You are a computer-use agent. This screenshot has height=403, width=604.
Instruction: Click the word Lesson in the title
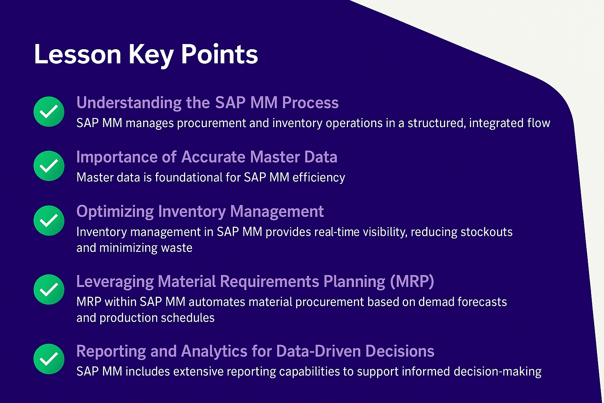[x=77, y=54]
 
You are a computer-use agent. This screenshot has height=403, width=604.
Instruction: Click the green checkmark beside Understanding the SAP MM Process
[x=49, y=111]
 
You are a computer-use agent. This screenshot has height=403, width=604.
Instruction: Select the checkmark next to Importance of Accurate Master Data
[x=49, y=166]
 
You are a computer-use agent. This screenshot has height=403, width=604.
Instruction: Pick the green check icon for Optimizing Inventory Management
[x=49, y=220]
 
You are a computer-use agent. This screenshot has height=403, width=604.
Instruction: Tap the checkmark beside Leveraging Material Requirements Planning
[x=49, y=289]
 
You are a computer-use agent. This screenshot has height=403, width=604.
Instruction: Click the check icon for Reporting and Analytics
[x=49, y=359]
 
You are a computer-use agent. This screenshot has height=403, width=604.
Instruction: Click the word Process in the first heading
[x=310, y=103]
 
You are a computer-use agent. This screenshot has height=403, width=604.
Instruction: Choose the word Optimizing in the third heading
[x=115, y=212]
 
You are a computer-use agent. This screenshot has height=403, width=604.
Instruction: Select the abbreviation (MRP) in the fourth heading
[x=412, y=281]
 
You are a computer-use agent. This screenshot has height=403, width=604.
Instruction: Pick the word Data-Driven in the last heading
[x=319, y=351]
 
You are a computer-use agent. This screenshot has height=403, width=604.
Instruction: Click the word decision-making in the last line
[x=497, y=372]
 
